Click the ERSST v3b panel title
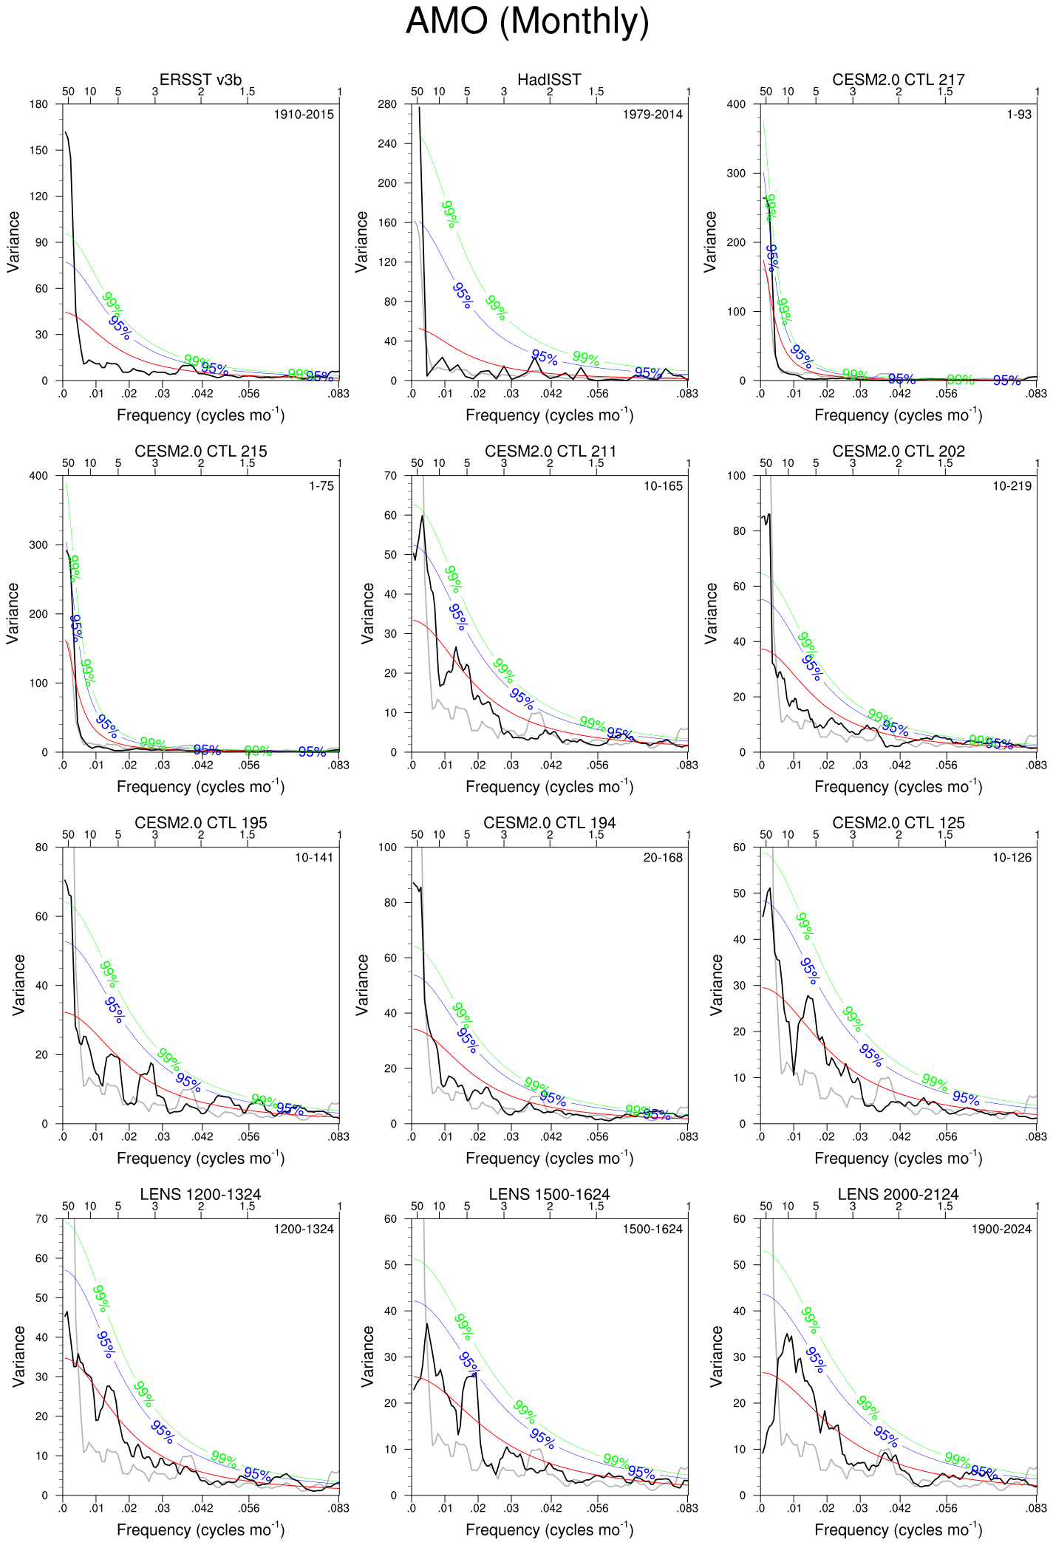200,80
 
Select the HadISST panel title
549,80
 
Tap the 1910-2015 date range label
304,115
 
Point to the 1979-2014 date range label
652,115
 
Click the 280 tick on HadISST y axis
388,104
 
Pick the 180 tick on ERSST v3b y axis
39,104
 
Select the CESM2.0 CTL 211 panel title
550,451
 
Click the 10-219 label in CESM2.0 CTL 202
1012,486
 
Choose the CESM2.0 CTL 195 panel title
200,823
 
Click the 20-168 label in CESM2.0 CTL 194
663,858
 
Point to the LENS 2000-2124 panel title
898,1195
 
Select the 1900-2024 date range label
1001,1229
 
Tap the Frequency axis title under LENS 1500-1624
549,1529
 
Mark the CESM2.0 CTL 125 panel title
898,823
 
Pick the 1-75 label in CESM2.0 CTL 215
321,486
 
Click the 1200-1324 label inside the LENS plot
304,1229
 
